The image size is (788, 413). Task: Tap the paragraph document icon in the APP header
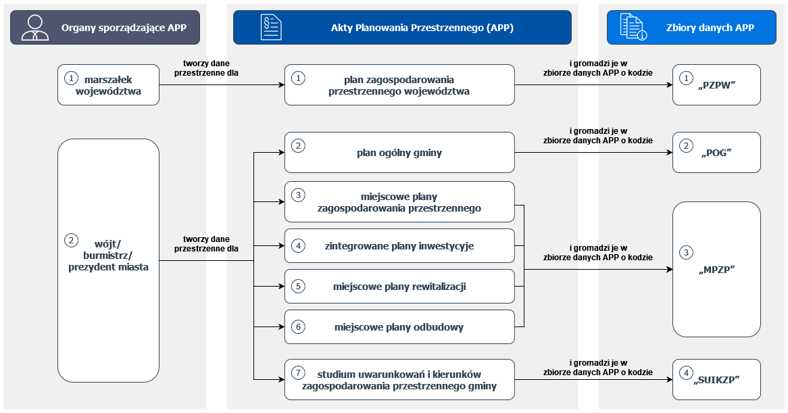coord(271,28)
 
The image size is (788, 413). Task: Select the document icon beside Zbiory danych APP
coord(633,28)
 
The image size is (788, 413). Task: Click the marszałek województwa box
coord(108,85)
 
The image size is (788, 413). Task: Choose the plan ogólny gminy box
coord(399,152)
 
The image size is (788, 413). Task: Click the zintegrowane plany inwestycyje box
coord(399,246)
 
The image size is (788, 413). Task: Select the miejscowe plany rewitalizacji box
coord(399,287)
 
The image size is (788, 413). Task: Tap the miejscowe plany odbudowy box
coord(399,327)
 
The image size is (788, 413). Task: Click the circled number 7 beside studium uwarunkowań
coord(299,373)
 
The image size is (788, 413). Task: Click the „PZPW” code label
coord(716,85)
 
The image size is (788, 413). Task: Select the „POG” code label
coord(716,152)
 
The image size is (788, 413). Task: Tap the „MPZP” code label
coord(716,269)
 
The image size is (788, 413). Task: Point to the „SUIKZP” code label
coord(716,379)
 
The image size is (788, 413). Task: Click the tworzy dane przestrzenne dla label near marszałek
coord(206,68)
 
